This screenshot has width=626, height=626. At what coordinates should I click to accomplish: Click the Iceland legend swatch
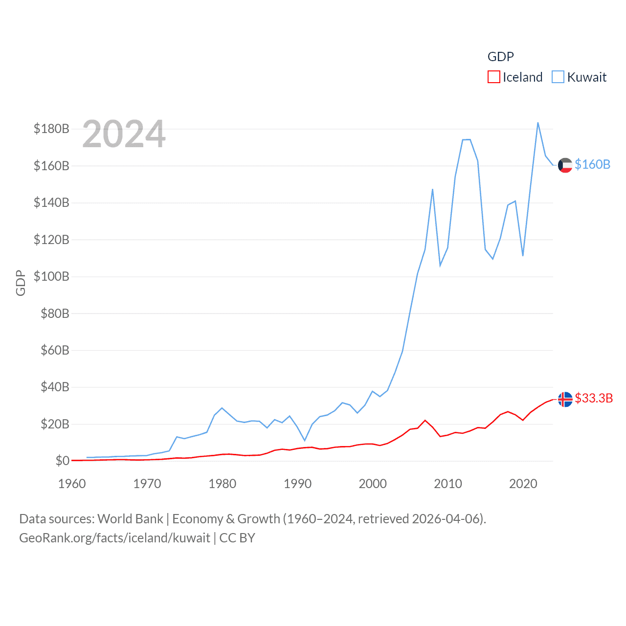[494, 77]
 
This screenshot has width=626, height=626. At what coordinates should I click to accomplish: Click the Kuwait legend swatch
[558, 77]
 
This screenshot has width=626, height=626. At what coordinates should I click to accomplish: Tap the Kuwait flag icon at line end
[565, 165]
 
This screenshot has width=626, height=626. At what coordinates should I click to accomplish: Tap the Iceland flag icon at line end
[565, 399]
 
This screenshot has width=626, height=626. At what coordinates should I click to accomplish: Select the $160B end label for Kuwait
[593, 164]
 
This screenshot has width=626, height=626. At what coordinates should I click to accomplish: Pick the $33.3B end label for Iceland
[594, 398]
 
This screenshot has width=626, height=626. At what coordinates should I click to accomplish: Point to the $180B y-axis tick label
[51, 129]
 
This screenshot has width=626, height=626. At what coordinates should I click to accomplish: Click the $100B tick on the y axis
[51, 276]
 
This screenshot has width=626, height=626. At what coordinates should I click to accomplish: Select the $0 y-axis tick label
[62, 461]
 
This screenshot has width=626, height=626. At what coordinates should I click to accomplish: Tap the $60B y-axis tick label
[55, 350]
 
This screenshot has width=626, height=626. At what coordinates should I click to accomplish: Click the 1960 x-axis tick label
[72, 484]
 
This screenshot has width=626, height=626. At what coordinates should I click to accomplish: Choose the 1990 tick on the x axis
[297, 484]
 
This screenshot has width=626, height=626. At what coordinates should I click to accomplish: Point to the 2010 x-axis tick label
[448, 484]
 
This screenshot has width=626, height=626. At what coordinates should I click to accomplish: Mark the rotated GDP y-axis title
[21, 283]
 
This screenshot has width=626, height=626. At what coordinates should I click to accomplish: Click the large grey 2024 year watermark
[124, 134]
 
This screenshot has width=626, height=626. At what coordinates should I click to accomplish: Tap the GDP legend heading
[501, 57]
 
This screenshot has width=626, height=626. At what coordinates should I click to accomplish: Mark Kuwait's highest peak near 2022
[538, 123]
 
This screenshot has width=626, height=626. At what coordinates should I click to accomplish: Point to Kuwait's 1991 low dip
[305, 441]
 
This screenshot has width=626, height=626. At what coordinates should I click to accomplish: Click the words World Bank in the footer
[131, 518]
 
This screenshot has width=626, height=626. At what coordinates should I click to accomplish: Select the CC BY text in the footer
[237, 538]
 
